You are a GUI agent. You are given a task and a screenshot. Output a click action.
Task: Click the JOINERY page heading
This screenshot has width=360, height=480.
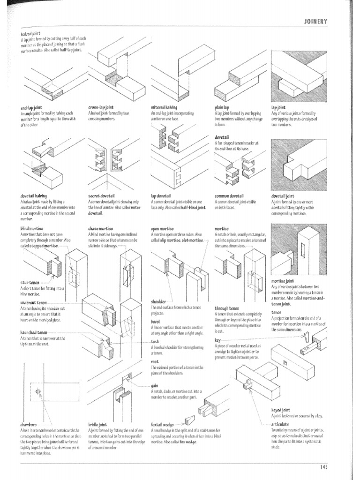pyautogui.click(x=315, y=21)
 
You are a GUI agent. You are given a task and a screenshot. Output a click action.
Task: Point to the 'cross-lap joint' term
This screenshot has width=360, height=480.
pyautogui.click(x=101, y=107)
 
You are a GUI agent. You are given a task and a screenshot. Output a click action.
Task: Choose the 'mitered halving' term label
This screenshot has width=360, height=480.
pyautogui.click(x=164, y=107)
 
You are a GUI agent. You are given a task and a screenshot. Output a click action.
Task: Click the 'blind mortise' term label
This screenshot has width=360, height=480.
pyautogui.click(x=32, y=228)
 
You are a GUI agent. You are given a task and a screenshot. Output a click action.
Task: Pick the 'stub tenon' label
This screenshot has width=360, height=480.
pyautogui.click(x=30, y=283)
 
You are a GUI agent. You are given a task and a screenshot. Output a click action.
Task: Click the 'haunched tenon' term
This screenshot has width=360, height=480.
pyautogui.click(x=34, y=332)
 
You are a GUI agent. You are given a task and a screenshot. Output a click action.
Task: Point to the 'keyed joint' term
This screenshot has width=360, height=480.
pyautogui.click(x=281, y=410)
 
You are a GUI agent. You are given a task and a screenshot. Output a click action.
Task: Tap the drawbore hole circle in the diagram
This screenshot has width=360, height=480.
pyautogui.click(x=38, y=391)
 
